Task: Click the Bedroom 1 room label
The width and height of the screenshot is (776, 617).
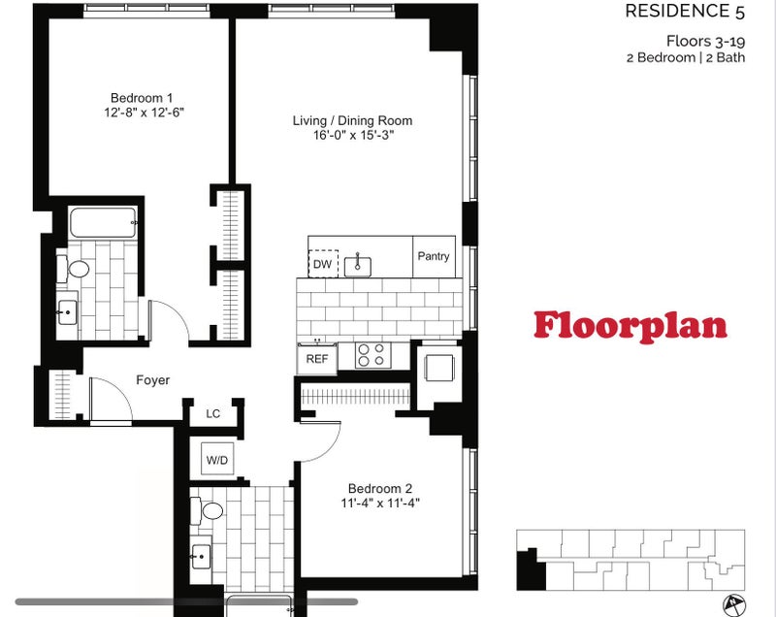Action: pyautogui.click(x=142, y=98)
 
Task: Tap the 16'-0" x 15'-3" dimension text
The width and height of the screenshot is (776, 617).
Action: pyautogui.click(x=353, y=135)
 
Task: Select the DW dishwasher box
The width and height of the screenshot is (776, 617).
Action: pyautogui.click(x=323, y=264)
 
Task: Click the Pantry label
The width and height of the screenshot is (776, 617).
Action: pyautogui.click(x=434, y=256)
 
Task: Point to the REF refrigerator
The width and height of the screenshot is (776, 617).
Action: pyautogui.click(x=317, y=358)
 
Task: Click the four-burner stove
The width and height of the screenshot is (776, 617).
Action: pyautogui.click(x=372, y=355)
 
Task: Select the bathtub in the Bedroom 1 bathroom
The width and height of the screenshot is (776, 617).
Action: pyautogui.click(x=103, y=222)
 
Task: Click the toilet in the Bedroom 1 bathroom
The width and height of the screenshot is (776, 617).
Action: pyautogui.click(x=74, y=269)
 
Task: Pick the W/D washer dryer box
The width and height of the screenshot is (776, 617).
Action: pyautogui.click(x=217, y=460)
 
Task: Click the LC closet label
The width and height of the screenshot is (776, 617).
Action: pyautogui.click(x=212, y=413)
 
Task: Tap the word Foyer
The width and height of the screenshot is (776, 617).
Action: pyautogui.click(x=153, y=380)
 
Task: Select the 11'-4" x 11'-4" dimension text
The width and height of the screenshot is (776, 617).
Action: pyautogui.click(x=380, y=503)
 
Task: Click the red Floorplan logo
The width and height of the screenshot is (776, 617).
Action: pyautogui.click(x=630, y=326)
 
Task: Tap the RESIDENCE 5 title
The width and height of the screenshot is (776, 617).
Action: pyautogui.click(x=685, y=12)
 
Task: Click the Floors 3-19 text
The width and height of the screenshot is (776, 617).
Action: pyautogui.click(x=705, y=41)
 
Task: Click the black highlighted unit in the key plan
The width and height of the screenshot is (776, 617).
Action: pyautogui.click(x=531, y=570)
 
